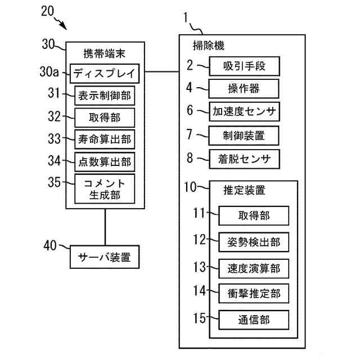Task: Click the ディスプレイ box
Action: [x=107, y=73]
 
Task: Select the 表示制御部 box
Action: [x=105, y=96]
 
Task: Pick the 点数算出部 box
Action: [x=105, y=161]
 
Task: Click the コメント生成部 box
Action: [x=105, y=189]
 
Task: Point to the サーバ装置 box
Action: [x=105, y=258]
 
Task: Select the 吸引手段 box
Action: [x=245, y=66]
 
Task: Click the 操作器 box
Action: [x=245, y=89]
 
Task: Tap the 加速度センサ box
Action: [x=245, y=111]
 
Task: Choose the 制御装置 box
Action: [x=245, y=135]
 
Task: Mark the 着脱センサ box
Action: [x=245, y=159]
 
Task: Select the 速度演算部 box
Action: [x=254, y=267]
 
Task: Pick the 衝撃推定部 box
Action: [x=254, y=292]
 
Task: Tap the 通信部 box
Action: [x=254, y=319]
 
